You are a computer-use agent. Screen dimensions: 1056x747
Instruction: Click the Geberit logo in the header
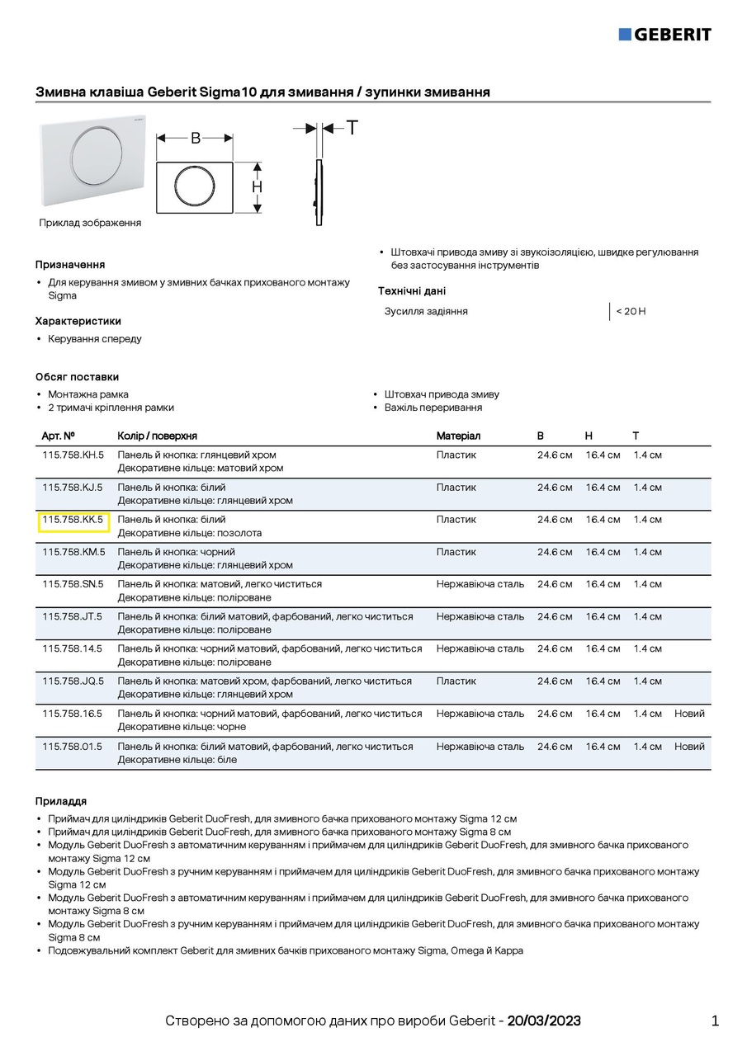664,34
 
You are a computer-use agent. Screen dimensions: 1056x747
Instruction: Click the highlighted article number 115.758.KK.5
73,520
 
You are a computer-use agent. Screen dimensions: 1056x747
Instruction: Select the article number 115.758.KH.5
73,455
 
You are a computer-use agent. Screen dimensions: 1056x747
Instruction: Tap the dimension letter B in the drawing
196,139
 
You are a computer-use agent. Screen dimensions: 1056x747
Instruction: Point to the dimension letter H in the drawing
257,187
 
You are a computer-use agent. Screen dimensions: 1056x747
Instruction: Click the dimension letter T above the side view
352,128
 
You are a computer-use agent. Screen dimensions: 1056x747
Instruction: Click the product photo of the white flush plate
92,162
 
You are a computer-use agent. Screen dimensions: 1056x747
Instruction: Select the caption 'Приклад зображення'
90,223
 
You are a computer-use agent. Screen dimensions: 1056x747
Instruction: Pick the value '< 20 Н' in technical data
631,311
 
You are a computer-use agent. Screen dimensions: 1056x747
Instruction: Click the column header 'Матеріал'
458,436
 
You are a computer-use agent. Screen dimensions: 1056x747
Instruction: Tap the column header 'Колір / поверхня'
158,436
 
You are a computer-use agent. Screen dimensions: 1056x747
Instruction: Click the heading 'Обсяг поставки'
77,377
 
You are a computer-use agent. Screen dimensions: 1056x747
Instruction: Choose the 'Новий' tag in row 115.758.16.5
689,714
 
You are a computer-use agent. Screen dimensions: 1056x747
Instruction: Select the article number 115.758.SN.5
73,584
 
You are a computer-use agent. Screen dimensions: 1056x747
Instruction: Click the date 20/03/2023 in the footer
544,1021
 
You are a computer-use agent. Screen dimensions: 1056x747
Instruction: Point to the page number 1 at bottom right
715,1021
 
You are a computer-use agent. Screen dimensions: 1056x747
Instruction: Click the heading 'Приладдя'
60,801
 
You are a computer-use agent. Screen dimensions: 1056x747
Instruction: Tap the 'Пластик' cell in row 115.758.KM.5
456,552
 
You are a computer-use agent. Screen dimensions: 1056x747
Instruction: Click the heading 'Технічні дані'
412,291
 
